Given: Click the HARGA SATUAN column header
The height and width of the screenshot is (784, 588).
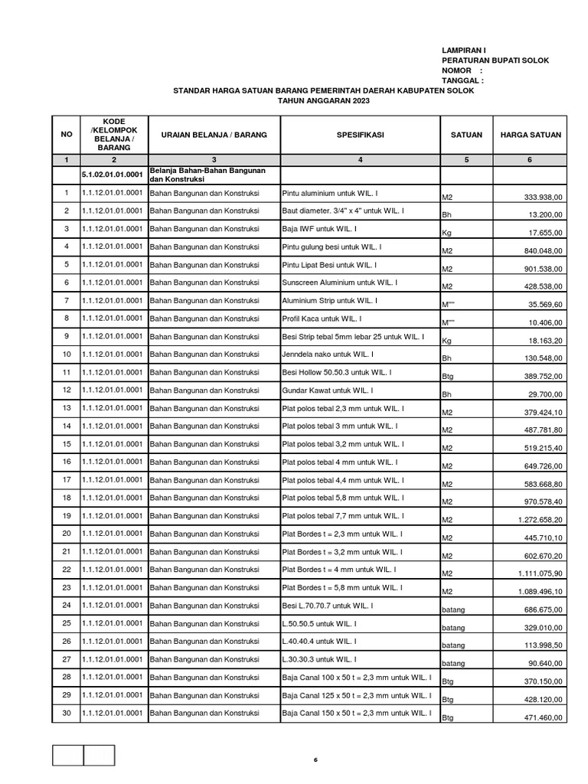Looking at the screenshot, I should point(531,135).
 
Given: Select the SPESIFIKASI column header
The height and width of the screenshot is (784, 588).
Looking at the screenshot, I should point(360,135).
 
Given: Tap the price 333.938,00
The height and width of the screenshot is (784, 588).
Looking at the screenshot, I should point(541,198).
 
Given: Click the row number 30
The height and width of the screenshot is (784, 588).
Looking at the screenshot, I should point(67,713).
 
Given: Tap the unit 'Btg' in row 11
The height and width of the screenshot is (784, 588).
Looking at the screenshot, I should point(448,377).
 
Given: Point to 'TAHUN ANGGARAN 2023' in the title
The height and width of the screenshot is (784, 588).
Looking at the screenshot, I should point(323,100).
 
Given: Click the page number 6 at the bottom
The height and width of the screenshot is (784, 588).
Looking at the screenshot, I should point(315,760).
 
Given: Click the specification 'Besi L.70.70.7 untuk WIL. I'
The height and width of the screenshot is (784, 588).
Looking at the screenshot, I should point(328,606).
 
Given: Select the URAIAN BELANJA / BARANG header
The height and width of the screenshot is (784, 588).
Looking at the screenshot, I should point(214,135).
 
